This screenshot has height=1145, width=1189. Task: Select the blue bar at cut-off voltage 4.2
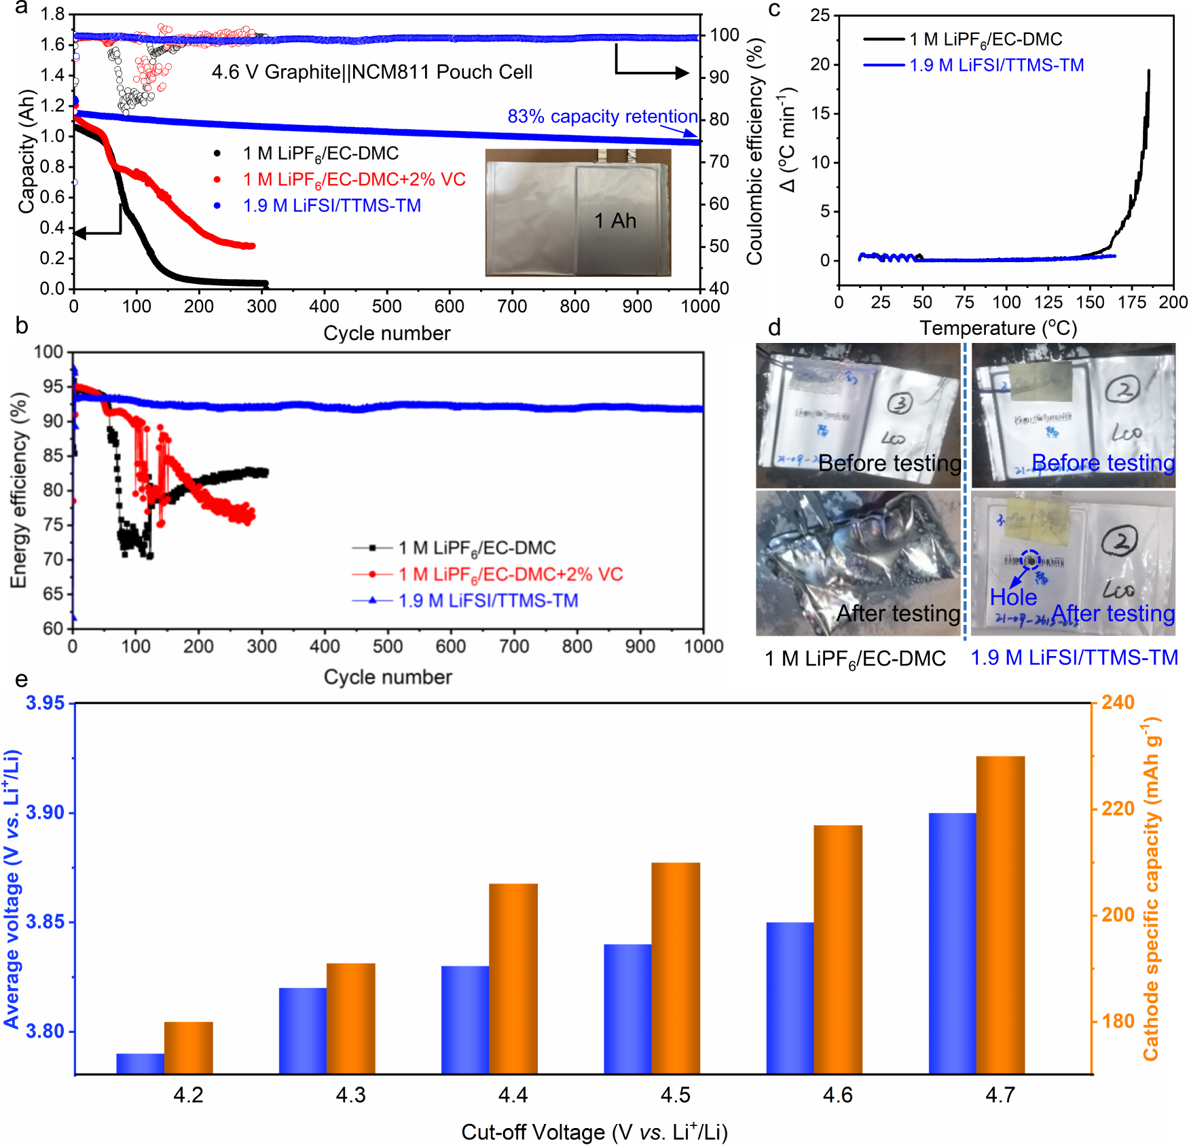point(140,1064)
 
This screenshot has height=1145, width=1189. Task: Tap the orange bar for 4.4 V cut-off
point(513,978)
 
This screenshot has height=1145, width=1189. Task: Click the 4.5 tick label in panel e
point(675,1095)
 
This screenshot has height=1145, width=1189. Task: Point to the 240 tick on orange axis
point(1118,702)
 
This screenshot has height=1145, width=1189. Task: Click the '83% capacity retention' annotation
point(602,117)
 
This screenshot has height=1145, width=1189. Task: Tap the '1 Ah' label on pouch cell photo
point(615,221)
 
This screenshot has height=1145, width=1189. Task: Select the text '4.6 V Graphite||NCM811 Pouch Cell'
point(371,72)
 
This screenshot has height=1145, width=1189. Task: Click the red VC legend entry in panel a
point(354,180)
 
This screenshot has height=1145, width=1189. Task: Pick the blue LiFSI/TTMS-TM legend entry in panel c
point(996,65)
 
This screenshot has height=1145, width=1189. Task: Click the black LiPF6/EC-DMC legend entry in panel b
point(477,548)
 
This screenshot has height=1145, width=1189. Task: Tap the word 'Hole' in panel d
point(1012,597)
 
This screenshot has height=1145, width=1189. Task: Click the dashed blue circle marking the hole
point(1030,560)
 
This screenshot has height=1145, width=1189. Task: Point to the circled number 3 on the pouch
point(900,403)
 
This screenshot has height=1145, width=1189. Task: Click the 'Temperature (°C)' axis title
point(998,328)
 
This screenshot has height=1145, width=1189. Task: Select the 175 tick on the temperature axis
point(1131,303)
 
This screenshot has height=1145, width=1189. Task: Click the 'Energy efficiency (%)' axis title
point(18,490)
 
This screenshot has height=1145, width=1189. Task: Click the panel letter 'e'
point(22,679)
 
